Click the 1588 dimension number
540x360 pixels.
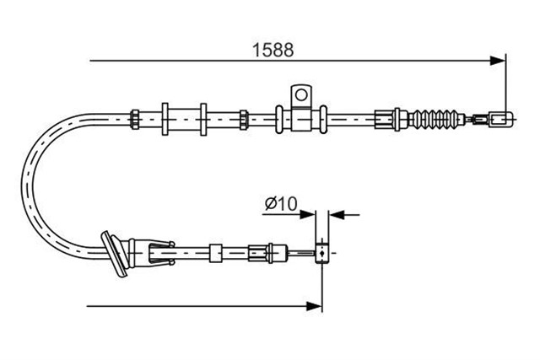[273, 50]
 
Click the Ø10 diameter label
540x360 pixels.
[281, 204]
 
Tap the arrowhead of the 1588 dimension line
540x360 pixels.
[498, 61]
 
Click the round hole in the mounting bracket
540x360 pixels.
[301, 94]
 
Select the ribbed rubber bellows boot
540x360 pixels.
[438, 120]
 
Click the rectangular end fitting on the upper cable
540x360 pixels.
[501, 120]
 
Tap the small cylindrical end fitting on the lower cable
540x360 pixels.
[322, 253]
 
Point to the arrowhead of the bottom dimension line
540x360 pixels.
[314, 306]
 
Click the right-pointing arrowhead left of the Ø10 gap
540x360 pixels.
[307, 215]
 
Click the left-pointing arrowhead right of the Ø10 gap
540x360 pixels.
[337, 215]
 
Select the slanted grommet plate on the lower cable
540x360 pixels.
[114, 254]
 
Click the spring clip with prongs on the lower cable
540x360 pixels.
[161, 253]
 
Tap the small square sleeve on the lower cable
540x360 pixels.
[216, 253]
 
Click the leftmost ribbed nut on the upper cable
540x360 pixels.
[134, 120]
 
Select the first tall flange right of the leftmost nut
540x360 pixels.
[165, 119]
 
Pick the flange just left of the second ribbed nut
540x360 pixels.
[203, 119]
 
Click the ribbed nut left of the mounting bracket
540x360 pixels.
[244, 120]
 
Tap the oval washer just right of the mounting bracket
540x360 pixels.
[323, 120]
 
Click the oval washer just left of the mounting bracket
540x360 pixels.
[279, 120]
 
